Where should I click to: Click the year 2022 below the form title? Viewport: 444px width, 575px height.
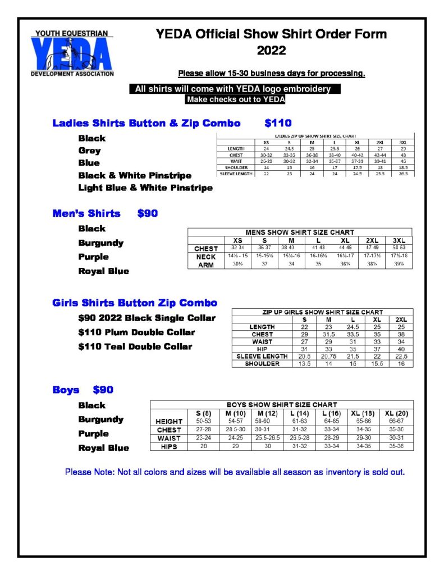(271, 51)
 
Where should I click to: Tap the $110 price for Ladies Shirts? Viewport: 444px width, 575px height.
(278, 123)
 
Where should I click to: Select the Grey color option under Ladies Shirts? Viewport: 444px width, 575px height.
(90, 150)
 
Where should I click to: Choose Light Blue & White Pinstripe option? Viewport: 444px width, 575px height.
(145, 188)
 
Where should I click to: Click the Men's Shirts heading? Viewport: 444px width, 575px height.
(86, 213)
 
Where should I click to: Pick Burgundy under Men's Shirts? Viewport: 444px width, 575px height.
(101, 243)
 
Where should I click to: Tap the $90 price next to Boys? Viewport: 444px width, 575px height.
(103, 390)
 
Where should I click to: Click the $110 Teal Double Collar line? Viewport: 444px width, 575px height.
(135, 346)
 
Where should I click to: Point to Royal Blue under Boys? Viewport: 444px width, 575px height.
(104, 448)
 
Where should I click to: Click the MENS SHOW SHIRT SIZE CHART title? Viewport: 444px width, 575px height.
(300, 232)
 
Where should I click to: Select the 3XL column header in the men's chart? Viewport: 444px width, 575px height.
(399, 240)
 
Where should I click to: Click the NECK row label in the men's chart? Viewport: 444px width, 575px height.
(206, 257)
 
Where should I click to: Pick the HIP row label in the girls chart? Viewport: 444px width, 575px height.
(263, 349)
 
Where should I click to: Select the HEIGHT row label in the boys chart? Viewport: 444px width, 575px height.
(168, 421)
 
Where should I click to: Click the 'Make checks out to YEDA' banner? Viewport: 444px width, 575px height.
(235, 100)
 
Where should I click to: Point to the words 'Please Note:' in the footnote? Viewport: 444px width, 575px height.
(89, 472)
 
